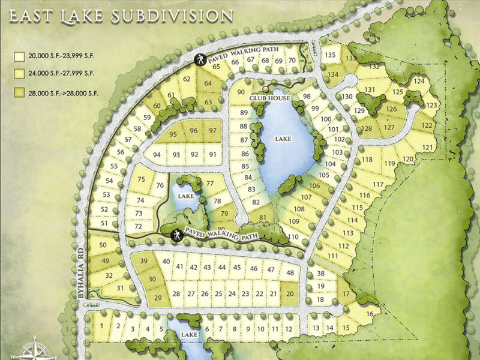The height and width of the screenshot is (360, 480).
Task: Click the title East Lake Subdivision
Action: (120, 16)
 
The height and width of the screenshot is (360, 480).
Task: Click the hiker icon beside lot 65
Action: (200, 59)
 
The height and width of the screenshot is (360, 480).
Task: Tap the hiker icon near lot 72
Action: (178, 235)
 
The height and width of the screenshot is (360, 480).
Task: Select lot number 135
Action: (330, 55)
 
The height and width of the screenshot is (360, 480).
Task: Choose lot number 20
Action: (290, 293)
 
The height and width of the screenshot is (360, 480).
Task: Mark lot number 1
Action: (103, 326)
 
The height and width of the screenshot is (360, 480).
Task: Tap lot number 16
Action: (370, 314)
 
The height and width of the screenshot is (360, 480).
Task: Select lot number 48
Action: (290, 272)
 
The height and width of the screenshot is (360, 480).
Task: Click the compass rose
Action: (34, 349)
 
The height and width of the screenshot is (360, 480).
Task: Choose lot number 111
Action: (332, 256)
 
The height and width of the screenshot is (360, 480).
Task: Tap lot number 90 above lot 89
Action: (241, 92)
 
